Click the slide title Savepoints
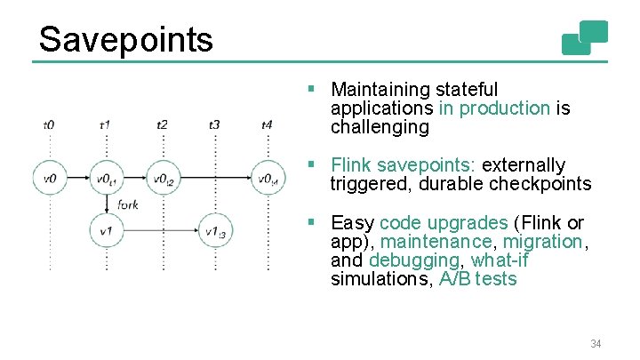(x=125, y=39)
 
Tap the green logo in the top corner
(x=585, y=37)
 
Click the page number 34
(x=595, y=343)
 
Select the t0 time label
(x=49, y=125)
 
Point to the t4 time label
(x=268, y=125)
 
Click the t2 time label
(x=161, y=125)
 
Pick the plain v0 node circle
(x=50, y=179)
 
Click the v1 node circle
(x=106, y=231)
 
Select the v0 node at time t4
(x=268, y=179)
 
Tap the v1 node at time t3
(x=215, y=231)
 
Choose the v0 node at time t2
(x=161, y=179)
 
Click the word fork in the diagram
(x=127, y=205)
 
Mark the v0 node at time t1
(x=106, y=179)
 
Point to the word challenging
(x=380, y=127)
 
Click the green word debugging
(x=415, y=260)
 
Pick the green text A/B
(x=455, y=279)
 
